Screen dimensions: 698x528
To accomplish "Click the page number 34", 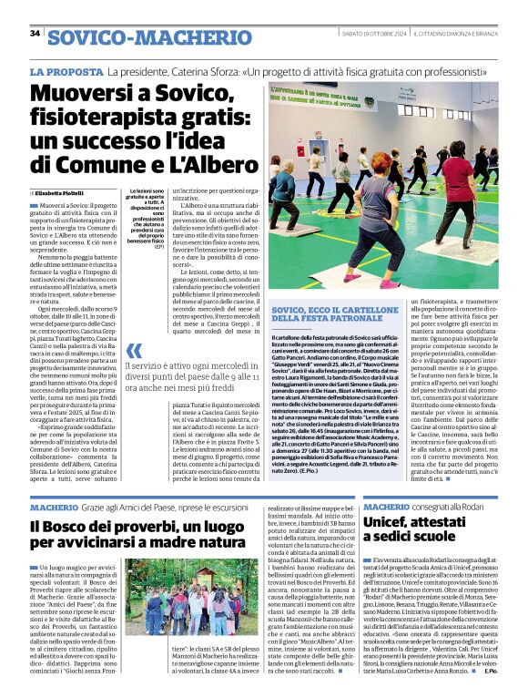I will tap(35, 34).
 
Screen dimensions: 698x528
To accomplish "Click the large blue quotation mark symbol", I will tap(134, 351).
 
